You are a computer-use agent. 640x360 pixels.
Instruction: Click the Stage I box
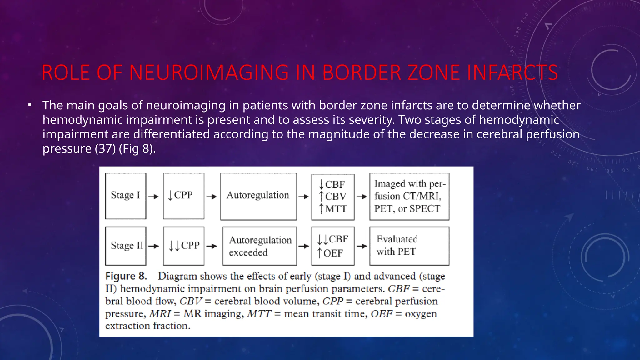(x=125, y=196)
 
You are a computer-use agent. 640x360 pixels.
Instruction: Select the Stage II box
(x=125, y=246)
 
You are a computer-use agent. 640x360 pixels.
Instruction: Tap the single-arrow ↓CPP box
(x=183, y=196)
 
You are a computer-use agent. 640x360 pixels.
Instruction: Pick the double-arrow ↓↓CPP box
(x=183, y=246)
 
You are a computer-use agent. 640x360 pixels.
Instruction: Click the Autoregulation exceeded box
(x=259, y=246)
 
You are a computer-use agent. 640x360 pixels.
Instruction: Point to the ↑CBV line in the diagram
(x=332, y=197)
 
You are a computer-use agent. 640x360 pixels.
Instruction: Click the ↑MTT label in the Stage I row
(x=332, y=209)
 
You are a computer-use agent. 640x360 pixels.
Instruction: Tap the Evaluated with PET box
(x=409, y=246)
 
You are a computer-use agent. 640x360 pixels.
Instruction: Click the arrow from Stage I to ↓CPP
(x=153, y=197)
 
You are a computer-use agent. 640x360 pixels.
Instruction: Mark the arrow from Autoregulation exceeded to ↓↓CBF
(x=303, y=246)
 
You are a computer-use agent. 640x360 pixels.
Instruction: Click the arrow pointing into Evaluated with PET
(x=362, y=246)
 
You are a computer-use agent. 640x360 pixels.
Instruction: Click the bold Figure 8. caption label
(x=126, y=276)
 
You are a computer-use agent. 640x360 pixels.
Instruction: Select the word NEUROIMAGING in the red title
(x=209, y=73)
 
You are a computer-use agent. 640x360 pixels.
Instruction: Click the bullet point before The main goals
(x=29, y=105)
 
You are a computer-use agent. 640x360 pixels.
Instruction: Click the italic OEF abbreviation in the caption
(x=381, y=314)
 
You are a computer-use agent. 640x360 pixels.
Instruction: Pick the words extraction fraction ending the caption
(x=147, y=326)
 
